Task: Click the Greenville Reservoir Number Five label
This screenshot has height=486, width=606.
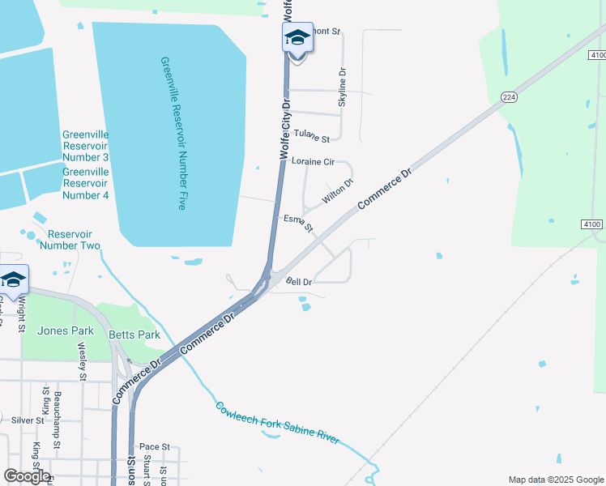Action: pyautogui.click(x=175, y=134)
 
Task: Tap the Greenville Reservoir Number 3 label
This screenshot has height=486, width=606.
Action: pyautogui.click(x=85, y=146)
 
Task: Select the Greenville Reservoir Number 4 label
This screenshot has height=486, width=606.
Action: pyautogui.click(x=85, y=183)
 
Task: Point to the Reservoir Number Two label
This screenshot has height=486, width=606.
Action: pyautogui.click(x=70, y=239)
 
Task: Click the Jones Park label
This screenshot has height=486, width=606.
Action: pyautogui.click(x=66, y=330)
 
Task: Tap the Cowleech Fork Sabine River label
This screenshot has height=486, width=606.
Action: pyautogui.click(x=277, y=422)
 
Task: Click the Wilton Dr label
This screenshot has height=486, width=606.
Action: pyautogui.click(x=338, y=192)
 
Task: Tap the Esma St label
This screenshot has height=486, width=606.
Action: pyautogui.click(x=298, y=223)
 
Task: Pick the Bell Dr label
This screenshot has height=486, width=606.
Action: pyautogui.click(x=299, y=281)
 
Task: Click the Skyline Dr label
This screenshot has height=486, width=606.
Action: pyautogui.click(x=342, y=87)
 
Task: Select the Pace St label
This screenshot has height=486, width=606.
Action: pyautogui.click(x=154, y=446)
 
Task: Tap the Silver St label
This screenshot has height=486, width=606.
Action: pyautogui.click(x=28, y=420)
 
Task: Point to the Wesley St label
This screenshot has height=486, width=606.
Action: pyautogui.click(x=82, y=360)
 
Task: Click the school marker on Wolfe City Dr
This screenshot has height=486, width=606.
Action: pyautogui.click(x=297, y=38)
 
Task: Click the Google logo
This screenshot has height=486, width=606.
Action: pyautogui.click(x=27, y=476)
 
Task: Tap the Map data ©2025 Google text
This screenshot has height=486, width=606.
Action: pyautogui.click(x=555, y=480)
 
